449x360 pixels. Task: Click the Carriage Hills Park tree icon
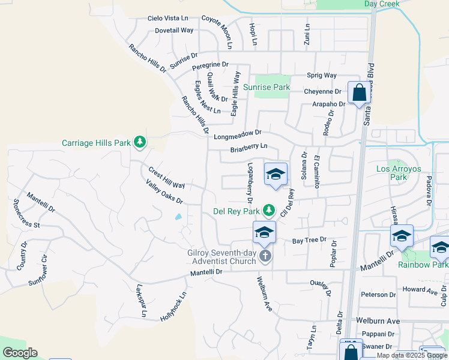[140, 142]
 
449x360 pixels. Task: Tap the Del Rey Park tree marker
[270, 210]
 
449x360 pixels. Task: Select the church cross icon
[265, 256]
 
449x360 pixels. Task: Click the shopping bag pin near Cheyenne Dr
[359, 93]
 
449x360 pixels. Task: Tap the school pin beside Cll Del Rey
[276, 174]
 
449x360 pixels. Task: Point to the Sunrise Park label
[266, 88]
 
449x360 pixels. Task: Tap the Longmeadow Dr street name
[238, 133]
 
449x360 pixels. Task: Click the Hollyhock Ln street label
[173, 306]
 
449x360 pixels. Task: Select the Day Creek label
[381, 4]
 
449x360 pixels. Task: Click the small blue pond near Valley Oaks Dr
[178, 217]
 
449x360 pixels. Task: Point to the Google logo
[20, 353]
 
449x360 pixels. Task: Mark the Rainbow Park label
[423, 264]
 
